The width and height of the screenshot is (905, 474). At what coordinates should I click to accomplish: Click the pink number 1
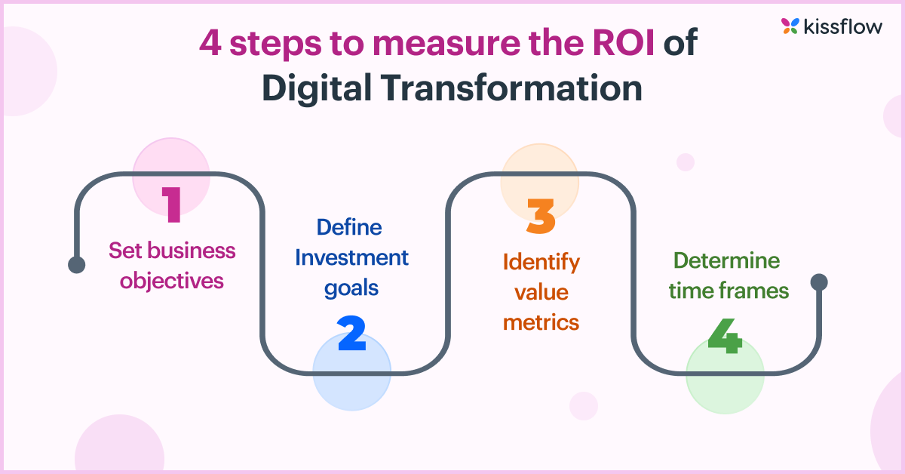pos(172,204)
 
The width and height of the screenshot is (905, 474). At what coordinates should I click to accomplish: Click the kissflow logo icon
pos(790,26)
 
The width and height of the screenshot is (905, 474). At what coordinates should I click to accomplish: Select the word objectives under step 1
pos(172,281)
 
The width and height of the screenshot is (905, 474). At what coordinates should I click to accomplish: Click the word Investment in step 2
pos(351,258)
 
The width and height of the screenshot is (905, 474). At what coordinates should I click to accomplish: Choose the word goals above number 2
pos(351,289)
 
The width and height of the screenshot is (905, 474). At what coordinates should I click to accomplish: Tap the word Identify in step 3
pos(541,263)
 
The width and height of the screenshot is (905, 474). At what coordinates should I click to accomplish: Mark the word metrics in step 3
pos(541,323)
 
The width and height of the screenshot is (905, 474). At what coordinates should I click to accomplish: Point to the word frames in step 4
pos(756,291)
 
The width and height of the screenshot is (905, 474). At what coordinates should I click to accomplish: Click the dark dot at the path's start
pos(76,264)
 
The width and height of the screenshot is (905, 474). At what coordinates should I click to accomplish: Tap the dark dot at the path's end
pos(819,282)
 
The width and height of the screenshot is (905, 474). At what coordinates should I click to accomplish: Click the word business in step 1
pos(195,250)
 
